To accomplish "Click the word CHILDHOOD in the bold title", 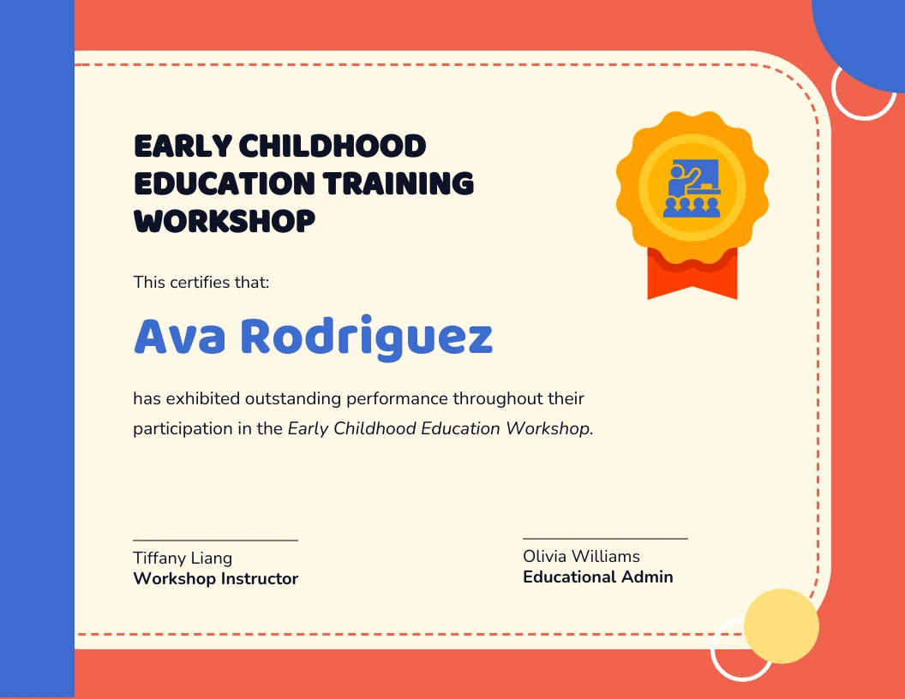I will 332,146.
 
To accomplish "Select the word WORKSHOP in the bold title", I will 225,221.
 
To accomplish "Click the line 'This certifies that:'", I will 201,281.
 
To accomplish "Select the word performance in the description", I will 402,398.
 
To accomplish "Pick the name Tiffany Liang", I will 183,558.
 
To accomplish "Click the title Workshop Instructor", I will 216,578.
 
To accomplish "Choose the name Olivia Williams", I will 581,556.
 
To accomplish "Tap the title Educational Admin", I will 598,577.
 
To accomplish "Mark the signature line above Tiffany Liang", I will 215,541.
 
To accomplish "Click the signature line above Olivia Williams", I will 605,539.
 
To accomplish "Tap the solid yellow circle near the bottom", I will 781,625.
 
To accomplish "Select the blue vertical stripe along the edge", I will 37,349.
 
